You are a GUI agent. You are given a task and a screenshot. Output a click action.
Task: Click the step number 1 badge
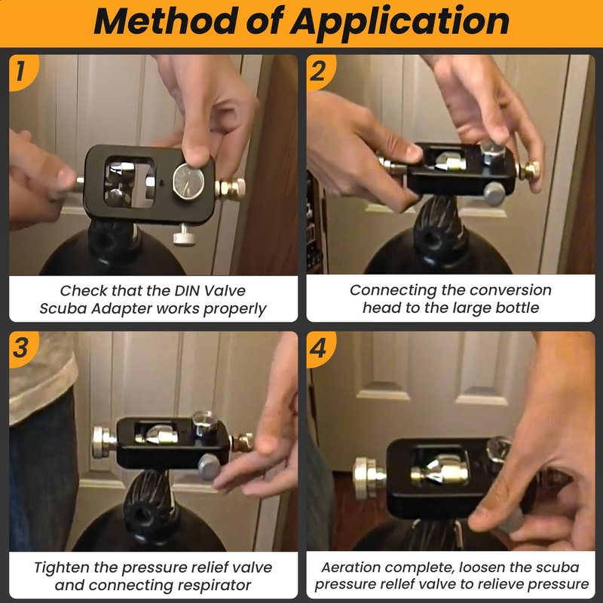[23, 72]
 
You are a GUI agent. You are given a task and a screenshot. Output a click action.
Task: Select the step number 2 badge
[320, 72]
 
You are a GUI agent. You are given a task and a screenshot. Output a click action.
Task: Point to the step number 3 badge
[23, 349]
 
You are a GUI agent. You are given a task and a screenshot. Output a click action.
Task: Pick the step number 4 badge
[320, 349]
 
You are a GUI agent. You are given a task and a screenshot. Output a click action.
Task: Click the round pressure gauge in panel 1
[188, 182]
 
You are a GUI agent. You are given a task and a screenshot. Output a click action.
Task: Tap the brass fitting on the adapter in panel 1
[231, 189]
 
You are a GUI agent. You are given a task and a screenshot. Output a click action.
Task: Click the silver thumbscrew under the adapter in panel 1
[185, 234]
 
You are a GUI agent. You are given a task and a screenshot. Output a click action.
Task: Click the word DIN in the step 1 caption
[187, 290]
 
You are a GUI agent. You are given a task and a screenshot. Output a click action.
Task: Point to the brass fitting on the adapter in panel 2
[529, 170]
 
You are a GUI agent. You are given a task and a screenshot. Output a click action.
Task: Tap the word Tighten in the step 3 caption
[58, 568]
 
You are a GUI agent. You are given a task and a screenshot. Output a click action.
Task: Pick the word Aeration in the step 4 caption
[350, 568]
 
